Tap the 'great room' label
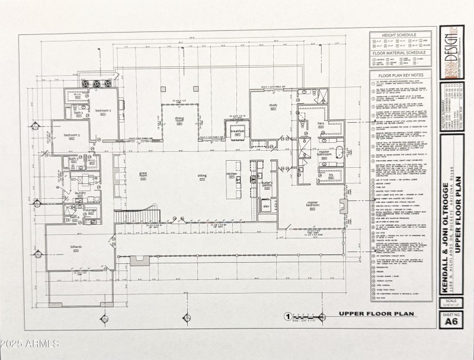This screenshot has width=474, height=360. (x=143, y=175)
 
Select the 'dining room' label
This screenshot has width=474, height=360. (x=179, y=120)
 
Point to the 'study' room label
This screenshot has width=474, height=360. (x=273, y=106)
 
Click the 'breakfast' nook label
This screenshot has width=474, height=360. (x=238, y=130)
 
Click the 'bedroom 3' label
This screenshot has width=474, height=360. (x=72, y=136)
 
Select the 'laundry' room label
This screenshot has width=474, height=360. (x=81, y=193)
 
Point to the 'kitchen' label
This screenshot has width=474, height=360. (x=232, y=174)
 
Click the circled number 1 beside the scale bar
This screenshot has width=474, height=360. (x=287, y=317)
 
